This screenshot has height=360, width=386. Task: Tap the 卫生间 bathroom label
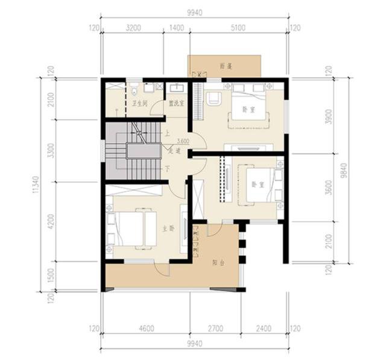(140, 103)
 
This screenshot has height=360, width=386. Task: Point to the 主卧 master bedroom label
(167, 229)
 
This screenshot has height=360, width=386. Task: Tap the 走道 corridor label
(174, 151)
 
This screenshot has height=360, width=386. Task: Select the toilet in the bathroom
(133, 91)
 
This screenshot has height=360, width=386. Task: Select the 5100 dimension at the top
(238, 28)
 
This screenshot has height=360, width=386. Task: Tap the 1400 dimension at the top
(177, 28)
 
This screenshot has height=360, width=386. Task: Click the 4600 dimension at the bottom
(145, 329)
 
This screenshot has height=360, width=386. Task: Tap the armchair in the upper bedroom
(211, 99)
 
